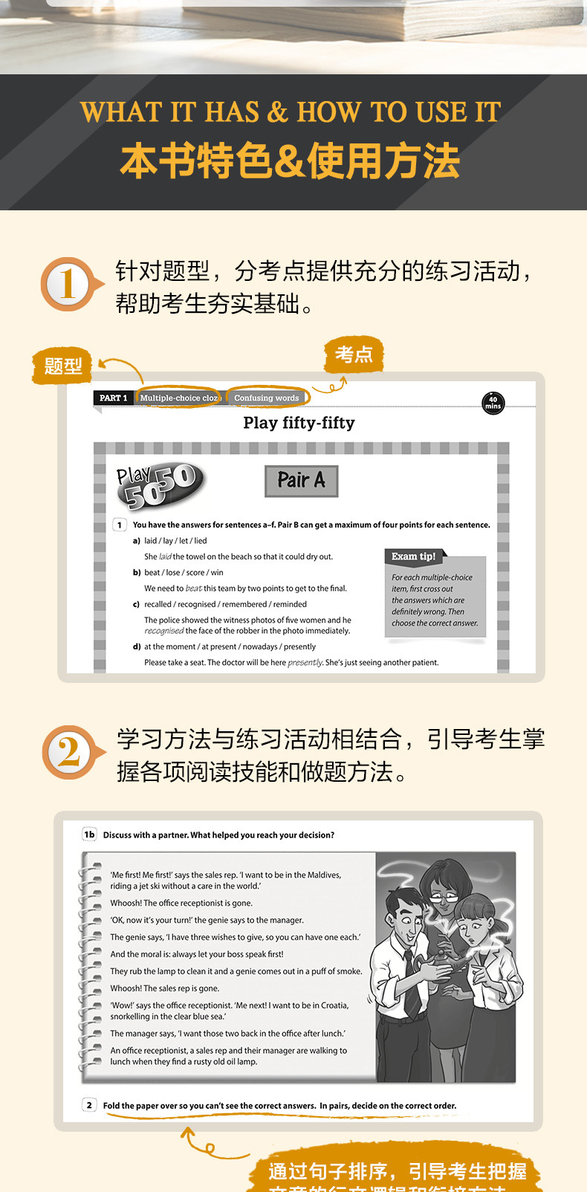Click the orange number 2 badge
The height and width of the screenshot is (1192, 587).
[68, 752]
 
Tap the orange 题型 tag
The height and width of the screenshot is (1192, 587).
[62, 366]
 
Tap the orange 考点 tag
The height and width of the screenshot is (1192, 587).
[354, 354]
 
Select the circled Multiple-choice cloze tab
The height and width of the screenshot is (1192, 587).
[179, 398]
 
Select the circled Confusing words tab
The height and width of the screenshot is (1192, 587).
[267, 398]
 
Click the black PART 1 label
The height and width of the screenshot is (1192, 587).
[113, 398]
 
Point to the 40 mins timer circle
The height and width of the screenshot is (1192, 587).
[493, 403]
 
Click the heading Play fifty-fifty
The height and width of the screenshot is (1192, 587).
[299, 423]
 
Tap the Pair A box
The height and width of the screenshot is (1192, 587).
[301, 481]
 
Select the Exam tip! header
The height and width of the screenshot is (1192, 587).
[414, 556]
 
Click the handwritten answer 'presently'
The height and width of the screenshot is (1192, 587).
[305, 662]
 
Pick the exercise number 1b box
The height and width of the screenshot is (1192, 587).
[89, 835]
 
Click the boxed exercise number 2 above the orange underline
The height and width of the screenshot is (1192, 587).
[89, 1105]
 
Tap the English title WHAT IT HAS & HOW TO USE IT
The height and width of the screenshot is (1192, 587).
[291, 112]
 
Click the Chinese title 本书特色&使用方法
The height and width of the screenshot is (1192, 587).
[291, 161]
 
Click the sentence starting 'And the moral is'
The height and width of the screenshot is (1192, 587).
[197, 954]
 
